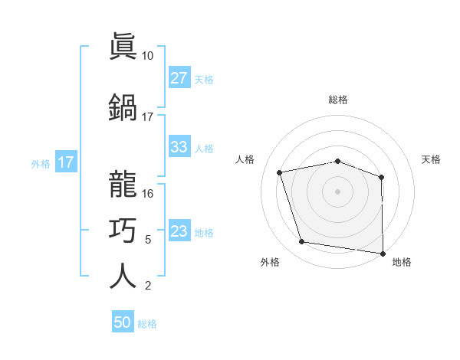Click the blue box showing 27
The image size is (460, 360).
point(179,78)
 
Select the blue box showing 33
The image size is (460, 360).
point(179,147)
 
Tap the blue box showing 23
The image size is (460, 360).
point(179,231)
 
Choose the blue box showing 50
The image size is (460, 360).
point(123,322)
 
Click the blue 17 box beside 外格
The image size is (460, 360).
point(66,162)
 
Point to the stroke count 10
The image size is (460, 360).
point(148,56)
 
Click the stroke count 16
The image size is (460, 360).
point(148,194)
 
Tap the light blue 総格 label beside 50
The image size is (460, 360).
point(147,324)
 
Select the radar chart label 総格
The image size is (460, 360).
point(338,100)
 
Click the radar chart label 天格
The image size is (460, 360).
point(432,159)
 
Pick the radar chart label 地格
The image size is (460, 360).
point(402,262)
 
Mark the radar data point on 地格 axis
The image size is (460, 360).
point(383,253)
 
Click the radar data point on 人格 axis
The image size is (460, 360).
point(280,172)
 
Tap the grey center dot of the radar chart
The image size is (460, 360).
point(338,191)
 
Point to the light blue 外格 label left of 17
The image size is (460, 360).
point(41,163)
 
